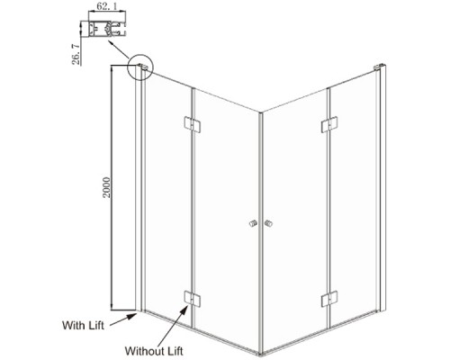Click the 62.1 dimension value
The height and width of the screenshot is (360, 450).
(106, 6)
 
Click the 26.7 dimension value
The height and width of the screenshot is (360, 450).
(76, 54)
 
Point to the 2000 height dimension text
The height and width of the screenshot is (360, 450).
(106, 187)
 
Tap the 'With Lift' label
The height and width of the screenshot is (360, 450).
(83, 325)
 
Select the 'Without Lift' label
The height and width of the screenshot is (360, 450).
(154, 351)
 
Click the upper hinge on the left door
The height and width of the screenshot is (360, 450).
(192, 124)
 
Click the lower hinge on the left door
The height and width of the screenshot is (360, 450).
(192, 299)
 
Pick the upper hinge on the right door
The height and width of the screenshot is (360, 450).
(329, 124)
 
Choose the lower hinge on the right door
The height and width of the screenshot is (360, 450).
(329, 299)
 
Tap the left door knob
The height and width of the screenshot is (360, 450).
(254, 224)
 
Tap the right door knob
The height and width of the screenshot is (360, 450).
(268, 224)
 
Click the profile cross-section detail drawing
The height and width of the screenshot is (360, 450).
(107, 29)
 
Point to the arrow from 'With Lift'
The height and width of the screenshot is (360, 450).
(123, 319)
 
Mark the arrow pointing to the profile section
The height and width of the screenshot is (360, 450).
(119, 49)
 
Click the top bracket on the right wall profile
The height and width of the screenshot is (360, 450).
(379, 67)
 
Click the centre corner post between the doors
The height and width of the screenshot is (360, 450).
(260, 232)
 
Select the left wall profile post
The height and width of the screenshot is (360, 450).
(139, 188)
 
